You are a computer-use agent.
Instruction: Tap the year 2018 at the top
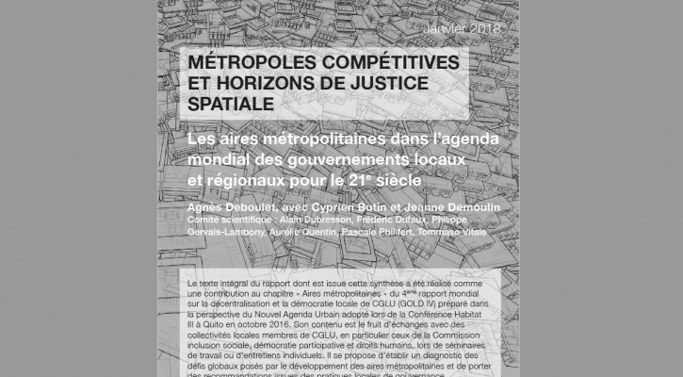pos(481,29)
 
